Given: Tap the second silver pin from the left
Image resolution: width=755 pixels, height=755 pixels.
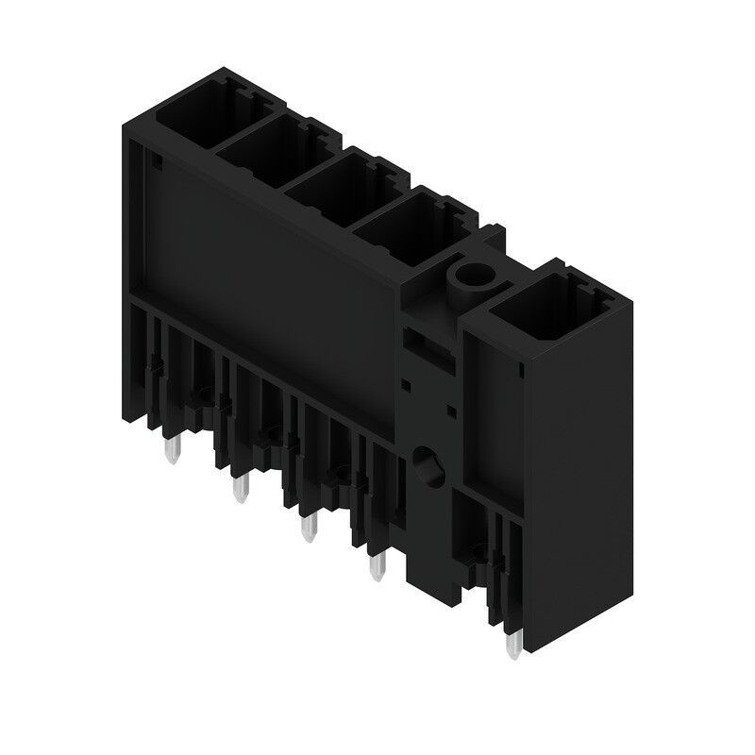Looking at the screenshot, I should (x=239, y=488).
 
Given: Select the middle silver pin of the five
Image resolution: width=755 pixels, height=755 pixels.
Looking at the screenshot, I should (x=307, y=527).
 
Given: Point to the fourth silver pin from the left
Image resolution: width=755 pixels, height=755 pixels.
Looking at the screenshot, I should (x=377, y=566).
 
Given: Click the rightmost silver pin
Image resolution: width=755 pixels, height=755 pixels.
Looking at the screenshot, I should (x=513, y=644).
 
